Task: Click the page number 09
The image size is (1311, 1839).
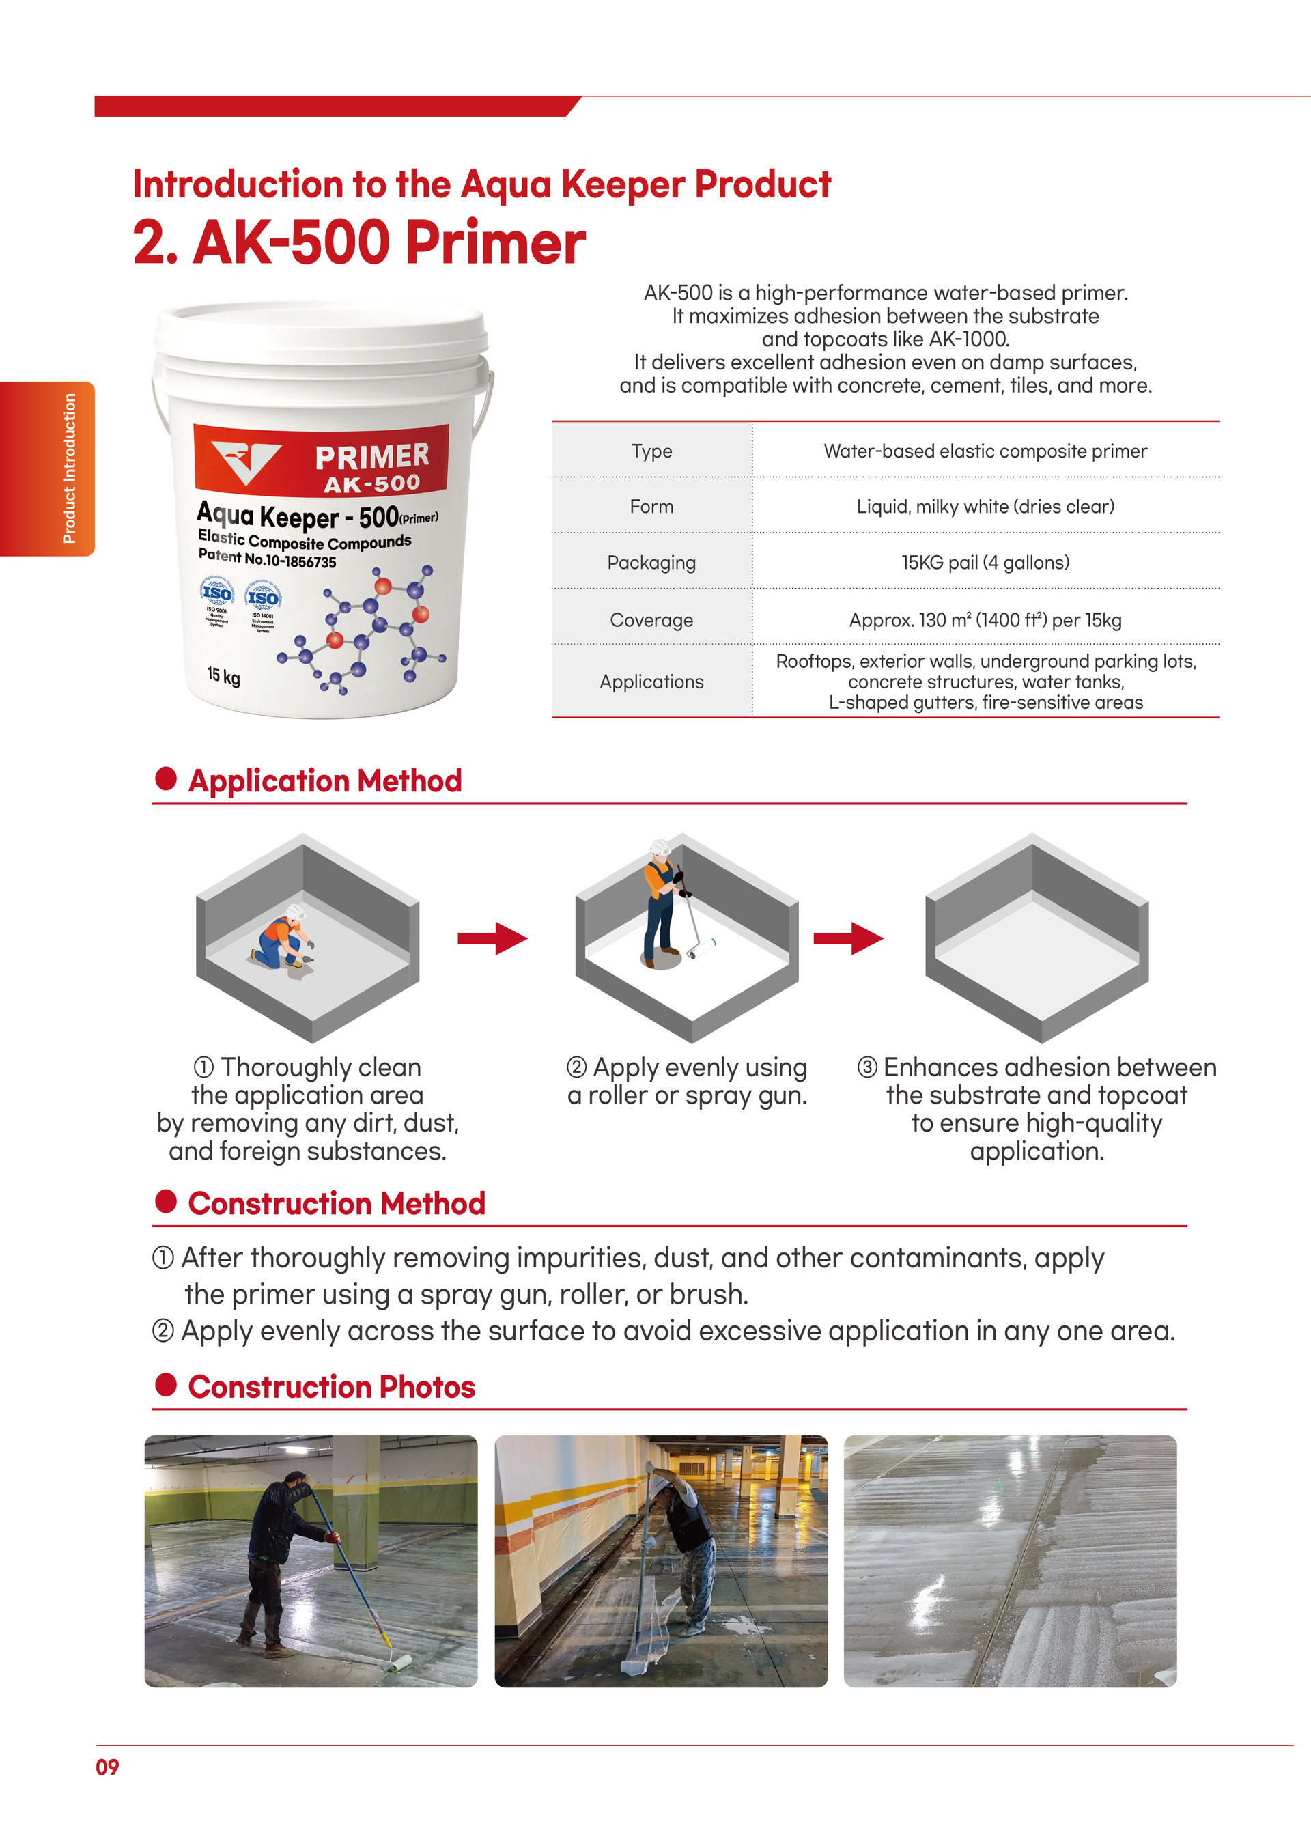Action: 107,1767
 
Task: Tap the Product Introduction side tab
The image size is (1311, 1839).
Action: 48,468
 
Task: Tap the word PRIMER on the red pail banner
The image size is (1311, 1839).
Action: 372,456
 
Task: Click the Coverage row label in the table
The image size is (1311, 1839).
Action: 651,620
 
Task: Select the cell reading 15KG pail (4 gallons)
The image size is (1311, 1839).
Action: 985,563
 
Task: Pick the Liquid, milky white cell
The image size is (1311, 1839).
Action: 985,506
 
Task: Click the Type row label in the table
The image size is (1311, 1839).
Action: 651,451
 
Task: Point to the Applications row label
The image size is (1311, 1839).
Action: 651,682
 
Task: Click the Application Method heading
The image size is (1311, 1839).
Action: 324,781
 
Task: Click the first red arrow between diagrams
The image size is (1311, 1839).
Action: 492,938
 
